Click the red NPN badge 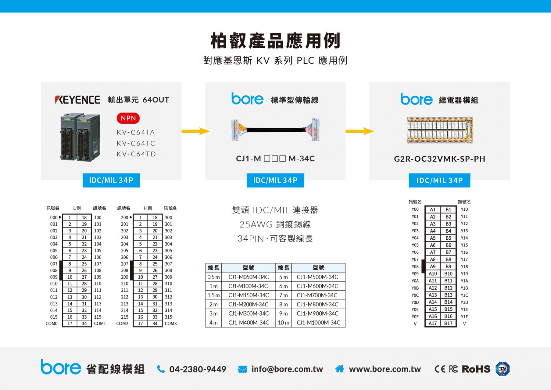click(x=128, y=118)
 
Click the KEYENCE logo click(x=77, y=100)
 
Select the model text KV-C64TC click(x=136, y=143)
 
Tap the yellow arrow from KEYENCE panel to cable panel click(x=196, y=131)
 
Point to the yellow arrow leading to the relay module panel click(x=360, y=131)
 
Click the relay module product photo click(x=440, y=130)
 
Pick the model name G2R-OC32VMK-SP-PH click(x=439, y=159)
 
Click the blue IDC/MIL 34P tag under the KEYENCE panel click(x=111, y=180)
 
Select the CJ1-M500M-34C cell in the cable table click(x=318, y=277)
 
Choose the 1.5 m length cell click(x=214, y=295)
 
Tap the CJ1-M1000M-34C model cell click(x=318, y=322)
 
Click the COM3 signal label click(x=171, y=323)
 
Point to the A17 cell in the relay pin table click(x=433, y=323)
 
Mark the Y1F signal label click(x=465, y=317)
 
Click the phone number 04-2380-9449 click(x=198, y=369)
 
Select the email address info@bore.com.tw click(x=287, y=369)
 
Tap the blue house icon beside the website click(x=340, y=369)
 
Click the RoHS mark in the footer click(x=476, y=369)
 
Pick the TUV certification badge click(x=502, y=369)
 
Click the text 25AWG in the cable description click(x=256, y=224)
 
